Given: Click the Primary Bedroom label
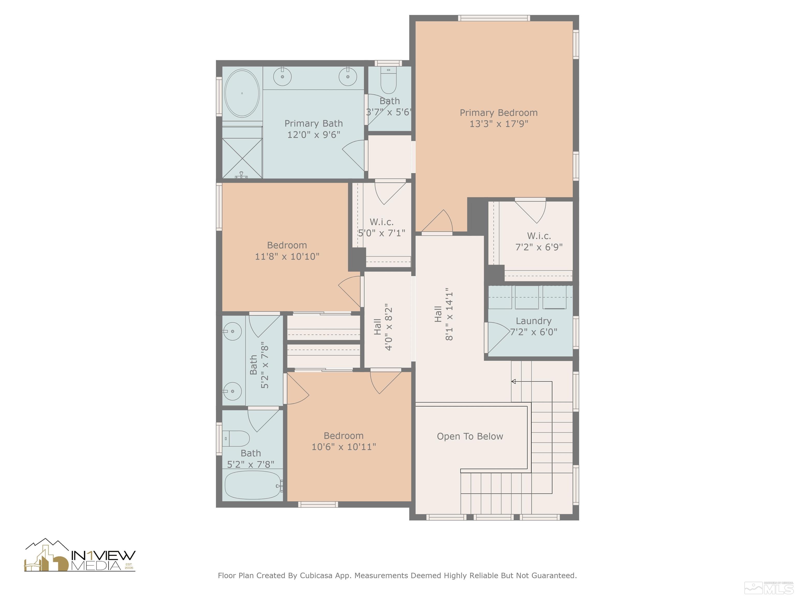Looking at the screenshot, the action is [x=498, y=113].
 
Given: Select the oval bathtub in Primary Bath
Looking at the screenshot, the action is [x=242, y=93].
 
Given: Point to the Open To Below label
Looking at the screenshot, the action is [x=470, y=436].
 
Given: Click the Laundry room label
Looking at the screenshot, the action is [x=533, y=321].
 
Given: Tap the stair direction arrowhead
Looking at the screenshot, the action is [x=514, y=382].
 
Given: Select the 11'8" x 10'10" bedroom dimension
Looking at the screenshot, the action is [x=287, y=257].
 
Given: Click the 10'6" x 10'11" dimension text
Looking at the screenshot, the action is [x=344, y=447].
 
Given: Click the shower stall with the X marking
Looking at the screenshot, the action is [x=242, y=158].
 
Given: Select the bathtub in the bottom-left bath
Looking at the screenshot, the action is [x=253, y=485].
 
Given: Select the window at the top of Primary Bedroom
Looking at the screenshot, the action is [x=494, y=18].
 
